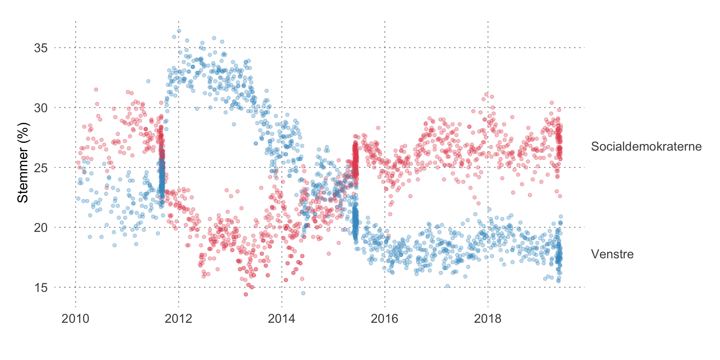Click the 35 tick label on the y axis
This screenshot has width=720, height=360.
click(41, 48)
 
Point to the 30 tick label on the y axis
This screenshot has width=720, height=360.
click(41, 108)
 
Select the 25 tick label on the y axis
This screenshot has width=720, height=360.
click(41, 168)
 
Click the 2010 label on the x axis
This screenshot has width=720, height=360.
click(75, 319)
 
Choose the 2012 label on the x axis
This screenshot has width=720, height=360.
click(178, 319)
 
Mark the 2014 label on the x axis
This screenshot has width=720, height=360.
click(281, 319)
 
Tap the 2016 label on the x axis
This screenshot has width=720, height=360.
click(385, 319)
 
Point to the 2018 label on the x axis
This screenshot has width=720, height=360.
click(487, 319)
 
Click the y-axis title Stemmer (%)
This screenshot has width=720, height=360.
click(23, 163)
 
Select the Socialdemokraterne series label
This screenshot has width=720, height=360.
click(646, 146)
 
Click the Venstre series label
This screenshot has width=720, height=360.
click(612, 254)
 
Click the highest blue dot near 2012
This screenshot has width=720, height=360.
click(179, 31)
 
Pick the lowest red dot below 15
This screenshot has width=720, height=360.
click(246, 294)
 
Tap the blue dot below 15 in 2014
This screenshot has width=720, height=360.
click(303, 293)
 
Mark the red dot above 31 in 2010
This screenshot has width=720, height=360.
click(96, 89)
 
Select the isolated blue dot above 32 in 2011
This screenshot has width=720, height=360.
click(148, 81)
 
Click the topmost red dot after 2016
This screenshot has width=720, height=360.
click(486, 94)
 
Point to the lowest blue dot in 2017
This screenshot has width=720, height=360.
click(447, 286)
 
